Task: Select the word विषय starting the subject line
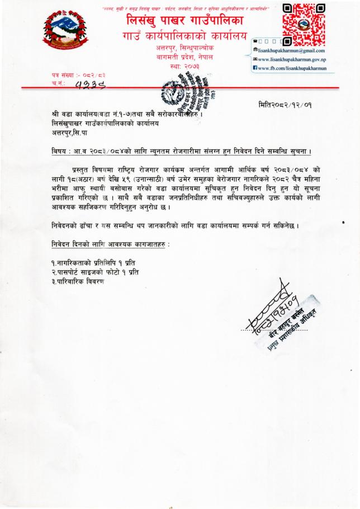[56, 152]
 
